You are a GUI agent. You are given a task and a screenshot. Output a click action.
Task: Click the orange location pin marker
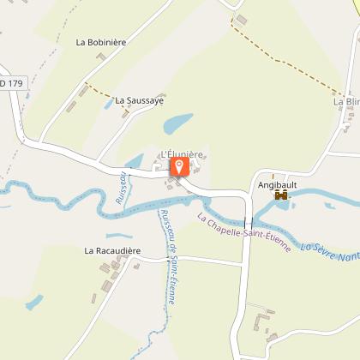coord(179,166)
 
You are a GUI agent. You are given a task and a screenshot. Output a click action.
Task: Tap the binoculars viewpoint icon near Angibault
coord(281,195)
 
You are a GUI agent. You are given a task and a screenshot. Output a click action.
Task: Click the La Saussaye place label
coord(139,99)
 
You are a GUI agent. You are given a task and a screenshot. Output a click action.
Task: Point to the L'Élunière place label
coord(182,154)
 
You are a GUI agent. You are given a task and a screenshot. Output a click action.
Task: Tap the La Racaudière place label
coord(111,251)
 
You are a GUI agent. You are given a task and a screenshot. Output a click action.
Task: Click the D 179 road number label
coord(12,83)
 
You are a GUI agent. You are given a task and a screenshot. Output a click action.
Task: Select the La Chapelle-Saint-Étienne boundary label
coord(244,231)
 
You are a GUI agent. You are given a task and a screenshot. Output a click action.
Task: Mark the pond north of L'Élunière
coord(177,125)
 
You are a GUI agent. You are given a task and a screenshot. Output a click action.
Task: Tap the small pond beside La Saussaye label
coord(108,103)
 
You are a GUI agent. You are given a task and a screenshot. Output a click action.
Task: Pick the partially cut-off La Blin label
coord(346,101)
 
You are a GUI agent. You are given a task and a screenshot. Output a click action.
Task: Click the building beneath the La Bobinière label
coord(101,57)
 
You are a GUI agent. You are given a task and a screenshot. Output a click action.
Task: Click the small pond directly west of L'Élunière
coord(135,159)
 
